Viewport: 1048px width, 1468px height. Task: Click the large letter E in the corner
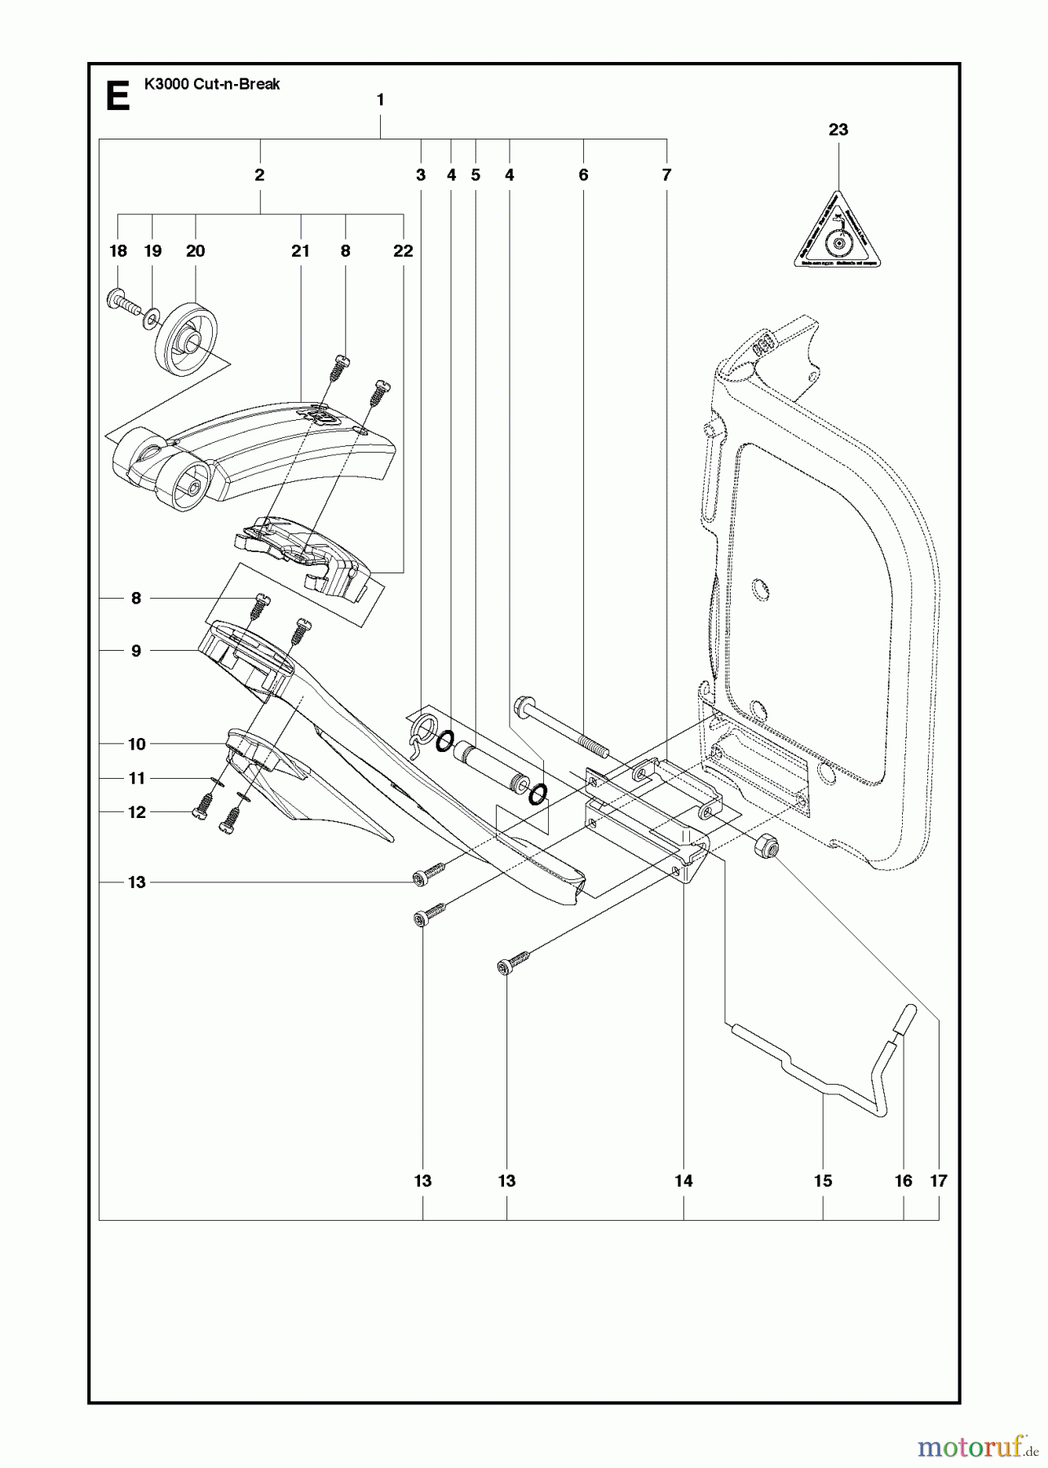point(118,97)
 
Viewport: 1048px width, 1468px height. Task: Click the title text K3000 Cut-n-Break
point(211,84)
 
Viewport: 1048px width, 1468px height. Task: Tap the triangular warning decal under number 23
point(838,232)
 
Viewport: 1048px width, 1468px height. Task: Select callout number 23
point(838,130)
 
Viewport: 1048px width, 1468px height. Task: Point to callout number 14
point(683,1181)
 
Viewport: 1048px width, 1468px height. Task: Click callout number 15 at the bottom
point(822,1181)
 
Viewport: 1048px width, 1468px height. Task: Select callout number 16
point(903,1181)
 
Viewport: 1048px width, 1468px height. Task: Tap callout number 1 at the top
point(380,99)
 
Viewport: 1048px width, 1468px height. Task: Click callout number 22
point(403,251)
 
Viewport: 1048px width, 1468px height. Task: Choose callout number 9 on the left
point(136,651)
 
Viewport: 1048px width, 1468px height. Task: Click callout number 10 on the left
point(136,744)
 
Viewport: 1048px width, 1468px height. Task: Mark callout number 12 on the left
point(136,812)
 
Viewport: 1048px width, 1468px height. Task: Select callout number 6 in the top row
point(583,175)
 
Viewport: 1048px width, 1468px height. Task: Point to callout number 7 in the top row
point(666,175)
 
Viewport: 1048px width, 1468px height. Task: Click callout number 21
point(300,251)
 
